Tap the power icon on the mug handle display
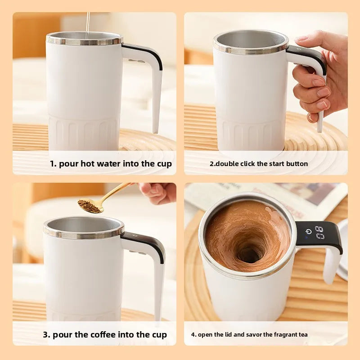308,232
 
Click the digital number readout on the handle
319,233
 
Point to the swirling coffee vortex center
248,255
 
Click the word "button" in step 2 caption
297,164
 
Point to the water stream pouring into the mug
88,22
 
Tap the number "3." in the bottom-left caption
46,334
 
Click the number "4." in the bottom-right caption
193,336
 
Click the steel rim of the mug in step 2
251,49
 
